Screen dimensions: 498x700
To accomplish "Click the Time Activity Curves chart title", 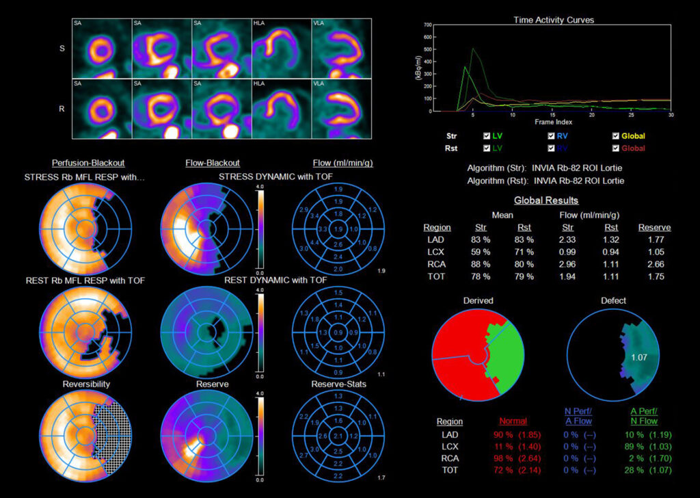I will click(x=554, y=20).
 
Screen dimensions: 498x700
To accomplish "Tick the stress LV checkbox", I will click(x=487, y=136).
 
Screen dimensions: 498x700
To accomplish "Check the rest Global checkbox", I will click(x=617, y=148).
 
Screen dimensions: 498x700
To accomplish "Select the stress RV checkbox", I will click(x=552, y=136).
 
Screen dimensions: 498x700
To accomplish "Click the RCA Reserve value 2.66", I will click(x=654, y=264).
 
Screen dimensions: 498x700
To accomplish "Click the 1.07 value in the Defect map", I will click(x=639, y=356).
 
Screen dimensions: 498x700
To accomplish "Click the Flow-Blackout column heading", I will click(x=213, y=163).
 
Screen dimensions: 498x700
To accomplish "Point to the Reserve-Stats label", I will click(x=338, y=384).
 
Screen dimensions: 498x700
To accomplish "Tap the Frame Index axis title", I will click(x=554, y=122).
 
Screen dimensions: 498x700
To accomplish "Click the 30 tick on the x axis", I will click(x=671, y=115).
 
